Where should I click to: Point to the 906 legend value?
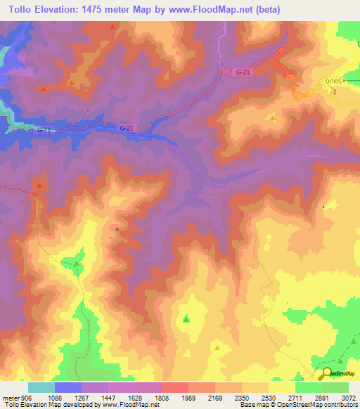[27, 396]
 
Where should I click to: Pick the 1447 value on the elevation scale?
[108, 396]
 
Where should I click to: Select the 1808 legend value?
[161, 396]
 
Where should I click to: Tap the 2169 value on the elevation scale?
[214, 396]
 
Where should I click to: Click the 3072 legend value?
[348, 396]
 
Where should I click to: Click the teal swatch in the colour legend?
[41, 387]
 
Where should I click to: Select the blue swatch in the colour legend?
[67, 387]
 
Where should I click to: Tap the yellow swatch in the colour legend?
[281, 387]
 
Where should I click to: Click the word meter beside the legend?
[10, 396]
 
